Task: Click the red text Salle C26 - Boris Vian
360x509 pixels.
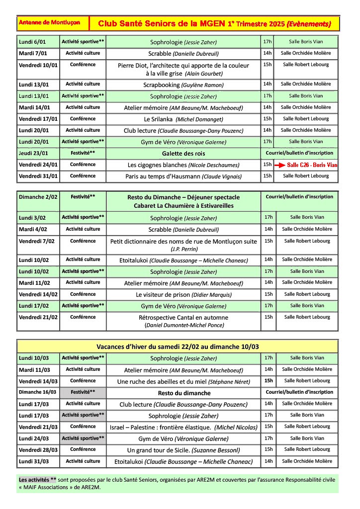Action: pos(312,165)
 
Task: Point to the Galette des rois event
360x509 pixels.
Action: pos(183,154)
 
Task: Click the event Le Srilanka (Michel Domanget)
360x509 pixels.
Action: pos(183,119)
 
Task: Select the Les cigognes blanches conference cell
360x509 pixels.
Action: pos(183,165)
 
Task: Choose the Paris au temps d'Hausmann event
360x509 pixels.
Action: pos(183,176)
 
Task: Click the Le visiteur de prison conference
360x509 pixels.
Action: pos(183,294)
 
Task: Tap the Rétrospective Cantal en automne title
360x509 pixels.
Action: pos(183,317)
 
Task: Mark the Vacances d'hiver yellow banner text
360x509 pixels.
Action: pos(178,346)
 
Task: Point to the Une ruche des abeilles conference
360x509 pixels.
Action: pos(183,382)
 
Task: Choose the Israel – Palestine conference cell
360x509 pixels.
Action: pos(183,427)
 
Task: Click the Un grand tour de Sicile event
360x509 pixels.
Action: pos(183,450)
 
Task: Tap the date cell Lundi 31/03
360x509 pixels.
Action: pos(34,461)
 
